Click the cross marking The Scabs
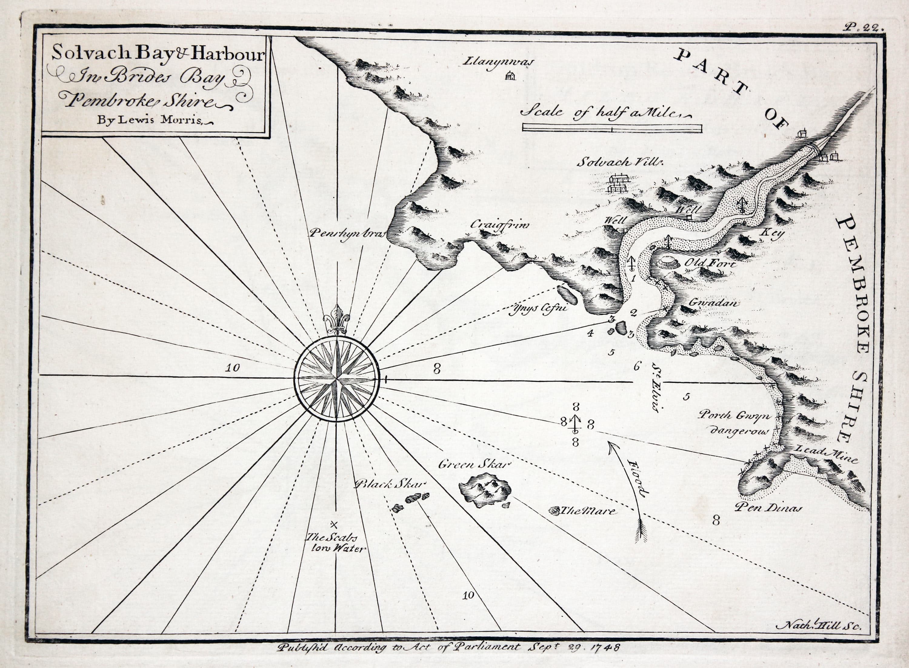click(x=334, y=525)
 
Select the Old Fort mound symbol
click(x=668, y=263)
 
